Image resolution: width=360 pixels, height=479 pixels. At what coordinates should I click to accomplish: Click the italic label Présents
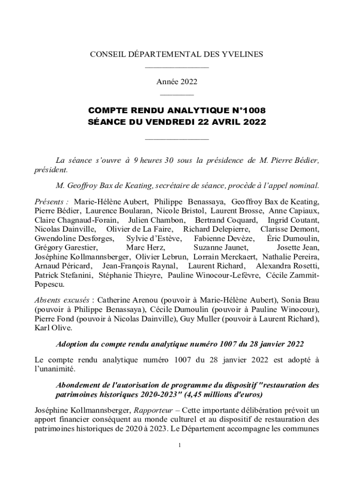click(x=51, y=202)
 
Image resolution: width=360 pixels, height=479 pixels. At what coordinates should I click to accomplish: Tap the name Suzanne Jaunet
click(x=221, y=247)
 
